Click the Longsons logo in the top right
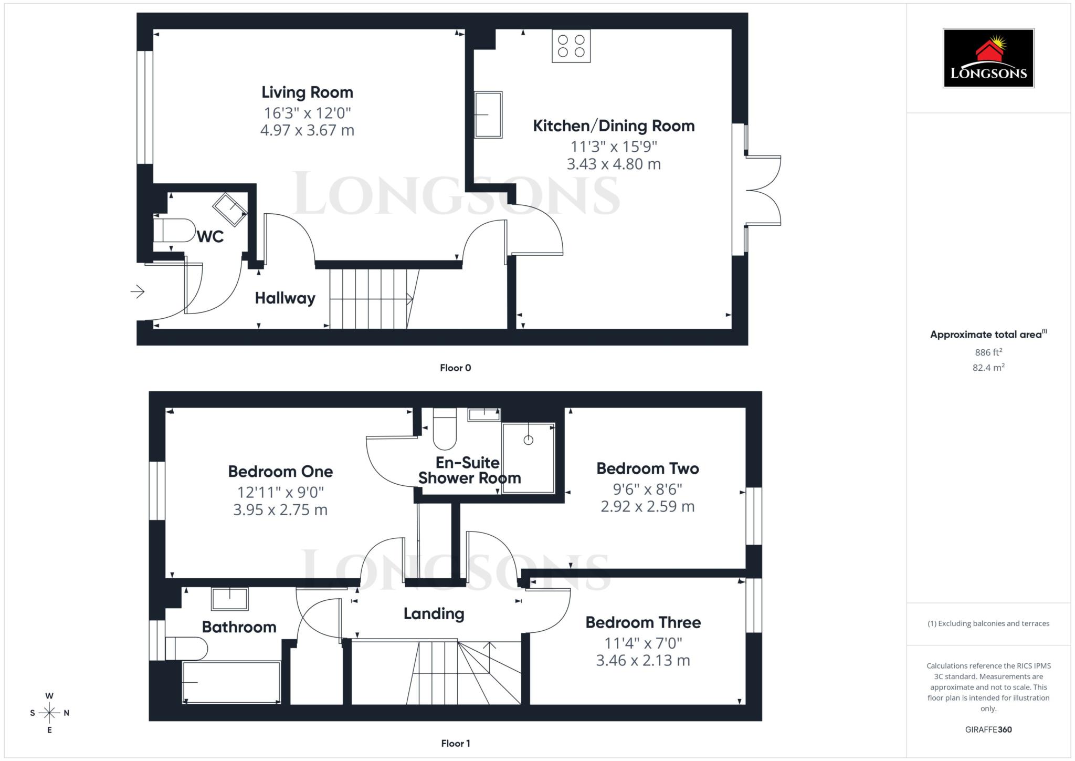pyautogui.click(x=988, y=58)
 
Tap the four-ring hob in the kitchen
pyautogui.click(x=571, y=46)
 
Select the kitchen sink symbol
pyautogui.click(x=488, y=114)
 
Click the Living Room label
pyautogui.click(x=307, y=92)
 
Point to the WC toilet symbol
pyautogui.click(x=174, y=230)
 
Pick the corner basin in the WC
pyautogui.click(x=229, y=209)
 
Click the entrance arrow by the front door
pyautogui.click(x=138, y=291)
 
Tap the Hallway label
pyautogui.click(x=285, y=298)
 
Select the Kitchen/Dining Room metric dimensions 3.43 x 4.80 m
pyautogui.click(x=614, y=164)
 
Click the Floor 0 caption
pyautogui.click(x=455, y=368)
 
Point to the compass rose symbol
pyautogui.click(x=49, y=713)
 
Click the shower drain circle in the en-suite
pyautogui.click(x=528, y=440)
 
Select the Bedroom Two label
pyautogui.click(x=647, y=468)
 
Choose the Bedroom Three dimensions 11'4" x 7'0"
pyautogui.click(x=643, y=643)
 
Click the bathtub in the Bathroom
pyautogui.click(x=231, y=682)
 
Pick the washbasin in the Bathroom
pyautogui.click(x=229, y=599)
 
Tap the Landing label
pyautogui.click(x=434, y=614)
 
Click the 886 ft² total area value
pyautogui.click(x=988, y=352)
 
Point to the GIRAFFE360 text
pyautogui.click(x=988, y=729)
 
